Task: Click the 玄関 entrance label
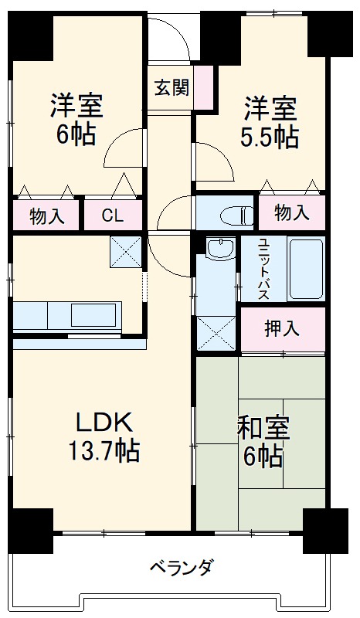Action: tap(170, 87)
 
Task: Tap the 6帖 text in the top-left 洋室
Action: tap(75, 134)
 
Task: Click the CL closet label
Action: tap(112, 216)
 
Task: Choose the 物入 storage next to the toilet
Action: tap(291, 212)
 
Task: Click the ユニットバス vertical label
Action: tap(262, 269)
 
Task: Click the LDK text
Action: tap(104, 423)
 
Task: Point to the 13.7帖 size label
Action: tap(106, 450)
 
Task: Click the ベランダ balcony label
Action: tap(181, 569)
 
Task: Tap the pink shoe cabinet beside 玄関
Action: tap(203, 87)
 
